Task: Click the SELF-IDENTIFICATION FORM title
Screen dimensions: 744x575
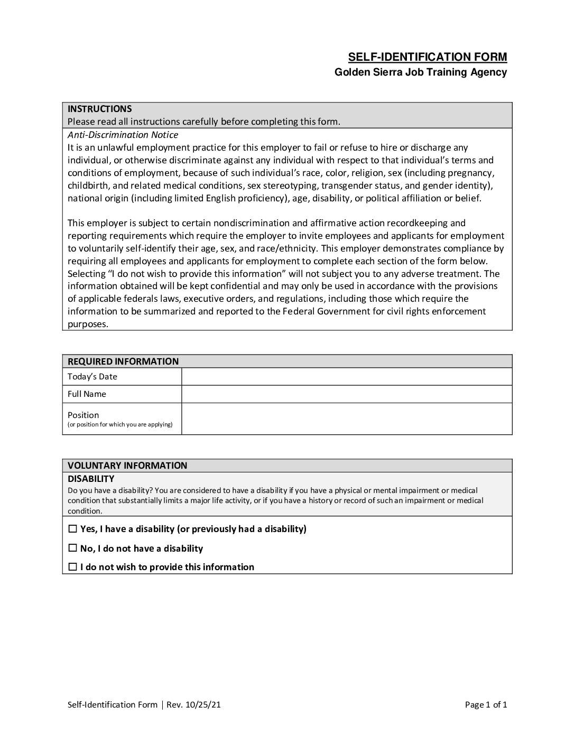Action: tap(427, 57)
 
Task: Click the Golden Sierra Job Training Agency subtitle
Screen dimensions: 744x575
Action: tap(420, 72)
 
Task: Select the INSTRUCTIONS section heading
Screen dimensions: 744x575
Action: tap(99, 109)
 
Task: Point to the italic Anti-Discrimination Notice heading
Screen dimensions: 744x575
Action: tap(123, 135)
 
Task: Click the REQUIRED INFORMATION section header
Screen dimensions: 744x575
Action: tap(123, 361)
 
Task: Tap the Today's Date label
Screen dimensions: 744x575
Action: tap(92, 377)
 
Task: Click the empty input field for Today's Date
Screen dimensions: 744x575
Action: tap(346, 377)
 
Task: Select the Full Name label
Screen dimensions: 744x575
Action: tap(87, 394)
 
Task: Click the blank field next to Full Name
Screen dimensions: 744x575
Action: tap(346, 394)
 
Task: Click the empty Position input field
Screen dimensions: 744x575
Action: tap(346, 418)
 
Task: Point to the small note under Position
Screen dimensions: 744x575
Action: tap(120, 424)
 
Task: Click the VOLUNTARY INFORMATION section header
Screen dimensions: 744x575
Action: tap(127, 466)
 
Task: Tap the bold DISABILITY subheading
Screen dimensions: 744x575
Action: tap(91, 479)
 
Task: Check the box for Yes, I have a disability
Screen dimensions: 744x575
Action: tap(73, 529)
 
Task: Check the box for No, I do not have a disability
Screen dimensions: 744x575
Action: tap(73, 548)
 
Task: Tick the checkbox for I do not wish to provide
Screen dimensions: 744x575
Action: tap(73, 567)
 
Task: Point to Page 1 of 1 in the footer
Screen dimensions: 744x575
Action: tap(486, 704)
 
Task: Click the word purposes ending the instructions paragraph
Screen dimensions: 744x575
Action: tap(88, 324)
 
